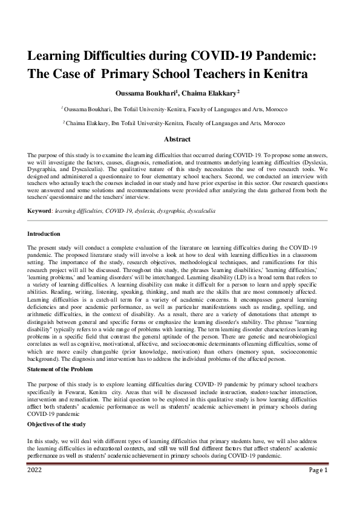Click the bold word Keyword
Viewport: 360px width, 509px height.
point(39,211)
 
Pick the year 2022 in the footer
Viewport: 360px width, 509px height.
point(34,470)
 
